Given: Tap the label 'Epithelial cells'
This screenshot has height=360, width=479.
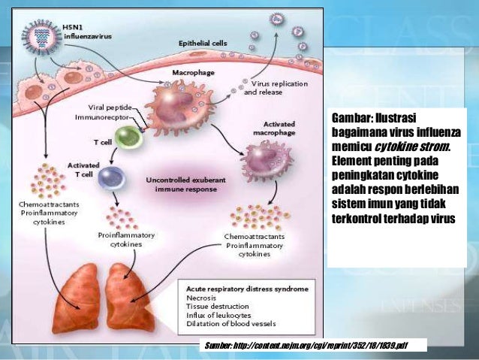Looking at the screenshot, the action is [x=202, y=44].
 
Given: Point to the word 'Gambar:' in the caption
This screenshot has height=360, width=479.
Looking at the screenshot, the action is [x=353, y=119].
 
